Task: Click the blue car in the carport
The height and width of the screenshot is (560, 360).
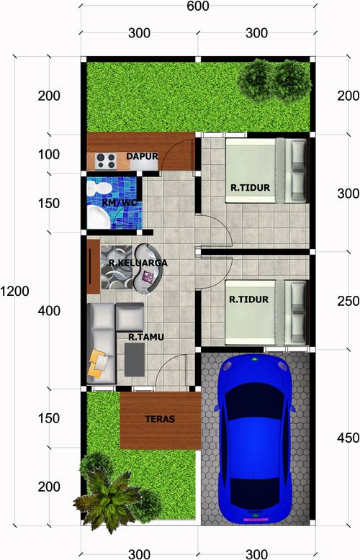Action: [x=255, y=438]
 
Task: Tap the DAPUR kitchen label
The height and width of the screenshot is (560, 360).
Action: [x=142, y=156]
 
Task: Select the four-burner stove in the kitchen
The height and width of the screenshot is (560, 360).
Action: [x=107, y=161]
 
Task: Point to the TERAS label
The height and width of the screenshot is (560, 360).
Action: [x=160, y=419]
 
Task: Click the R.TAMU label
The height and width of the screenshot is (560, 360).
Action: [x=146, y=337]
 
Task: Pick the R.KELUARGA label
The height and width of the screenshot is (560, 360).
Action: [x=138, y=263]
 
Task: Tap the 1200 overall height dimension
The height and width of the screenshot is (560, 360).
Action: [x=14, y=292]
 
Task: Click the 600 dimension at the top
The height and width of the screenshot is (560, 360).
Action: [x=198, y=6]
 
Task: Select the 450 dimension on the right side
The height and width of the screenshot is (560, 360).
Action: [x=348, y=438]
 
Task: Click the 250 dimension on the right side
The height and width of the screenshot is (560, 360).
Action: [x=348, y=301]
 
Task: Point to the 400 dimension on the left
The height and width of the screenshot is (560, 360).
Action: [x=49, y=311]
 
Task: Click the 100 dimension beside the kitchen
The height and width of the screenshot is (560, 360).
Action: [x=49, y=155]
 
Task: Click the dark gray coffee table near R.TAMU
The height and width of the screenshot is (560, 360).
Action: [x=135, y=360]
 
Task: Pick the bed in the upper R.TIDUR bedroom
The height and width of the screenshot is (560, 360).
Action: [x=266, y=171]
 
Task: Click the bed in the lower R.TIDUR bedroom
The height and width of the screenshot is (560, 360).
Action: [x=266, y=312]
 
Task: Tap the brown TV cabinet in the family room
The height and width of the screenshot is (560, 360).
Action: [x=93, y=266]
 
